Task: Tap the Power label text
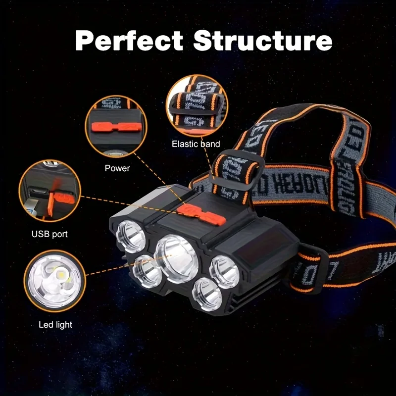point(117,168)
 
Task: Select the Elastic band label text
point(196,144)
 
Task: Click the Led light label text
point(55,325)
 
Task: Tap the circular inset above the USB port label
point(49,191)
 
